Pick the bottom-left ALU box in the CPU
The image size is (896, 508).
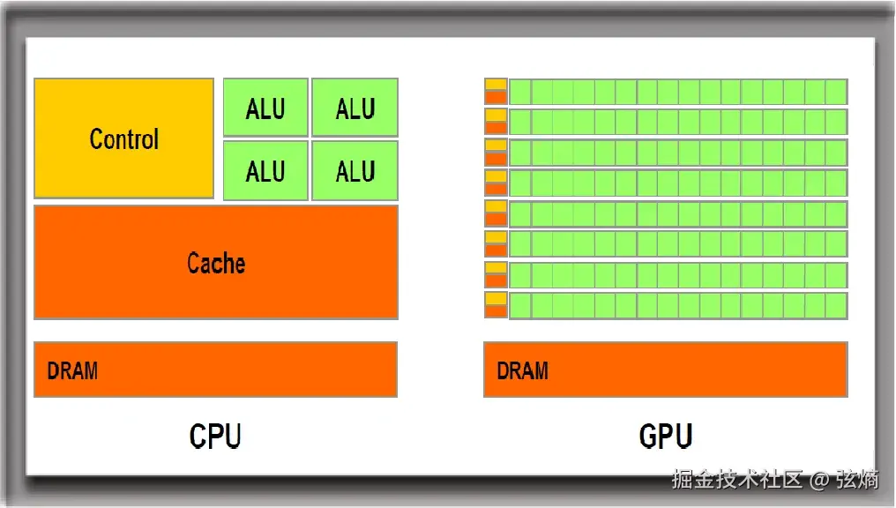(265, 170)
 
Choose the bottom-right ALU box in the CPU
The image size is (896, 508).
(355, 170)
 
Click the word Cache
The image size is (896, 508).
(216, 263)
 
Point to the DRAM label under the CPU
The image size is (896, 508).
(72, 370)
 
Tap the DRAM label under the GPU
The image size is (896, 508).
(522, 370)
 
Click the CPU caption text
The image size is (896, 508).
(215, 437)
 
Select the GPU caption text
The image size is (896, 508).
(666, 437)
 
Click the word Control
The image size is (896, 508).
(123, 139)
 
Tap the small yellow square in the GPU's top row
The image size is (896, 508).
(496, 85)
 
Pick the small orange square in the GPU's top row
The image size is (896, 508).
(496, 97)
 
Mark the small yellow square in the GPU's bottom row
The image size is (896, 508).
(496, 298)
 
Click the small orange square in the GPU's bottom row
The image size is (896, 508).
(496, 310)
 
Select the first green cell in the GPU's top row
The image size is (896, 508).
(520, 92)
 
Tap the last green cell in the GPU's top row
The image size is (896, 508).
(836, 92)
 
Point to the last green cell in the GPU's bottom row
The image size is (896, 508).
(836, 305)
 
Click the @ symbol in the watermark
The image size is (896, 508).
(819, 481)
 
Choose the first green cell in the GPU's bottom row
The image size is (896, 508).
(520, 305)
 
